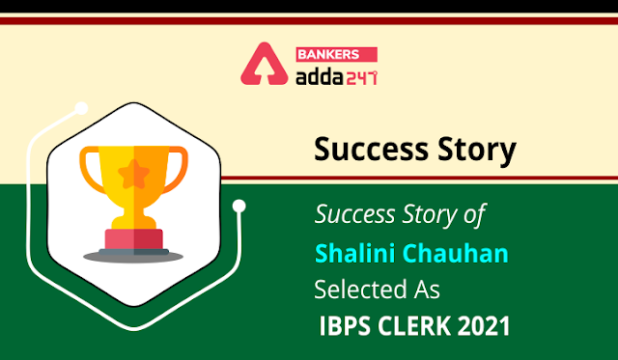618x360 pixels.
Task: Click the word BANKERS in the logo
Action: (x=328, y=54)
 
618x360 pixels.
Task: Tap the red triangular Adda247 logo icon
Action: (x=264, y=64)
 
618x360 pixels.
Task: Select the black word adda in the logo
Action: (x=320, y=77)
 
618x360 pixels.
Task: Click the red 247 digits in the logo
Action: (x=362, y=78)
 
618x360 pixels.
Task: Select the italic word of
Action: (x=475, y=215)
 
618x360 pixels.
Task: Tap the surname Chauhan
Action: (x=456, y=253)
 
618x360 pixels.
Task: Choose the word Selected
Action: (x=360, y=290)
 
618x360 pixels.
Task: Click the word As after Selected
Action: (x=427, y=290)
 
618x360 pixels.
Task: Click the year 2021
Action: (x=484, y=326)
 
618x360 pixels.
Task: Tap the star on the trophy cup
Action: (x=134, y=174)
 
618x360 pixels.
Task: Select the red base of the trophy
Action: (x=134, y=239)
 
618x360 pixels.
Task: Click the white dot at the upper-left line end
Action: (x=81, y=108)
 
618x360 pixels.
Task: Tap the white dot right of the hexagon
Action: (x=239, y=206)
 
